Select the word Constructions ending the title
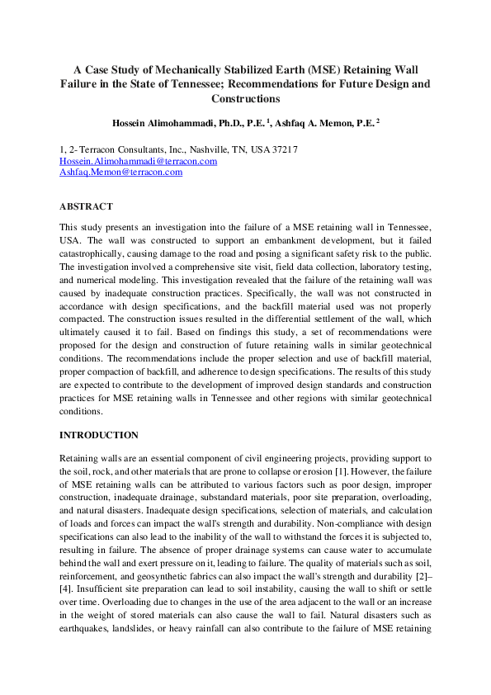(245, 98)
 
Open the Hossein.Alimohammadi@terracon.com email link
(138, 161)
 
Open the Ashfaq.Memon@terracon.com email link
(120, 173)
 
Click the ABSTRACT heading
(86, 206)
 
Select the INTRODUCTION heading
(99, 435)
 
